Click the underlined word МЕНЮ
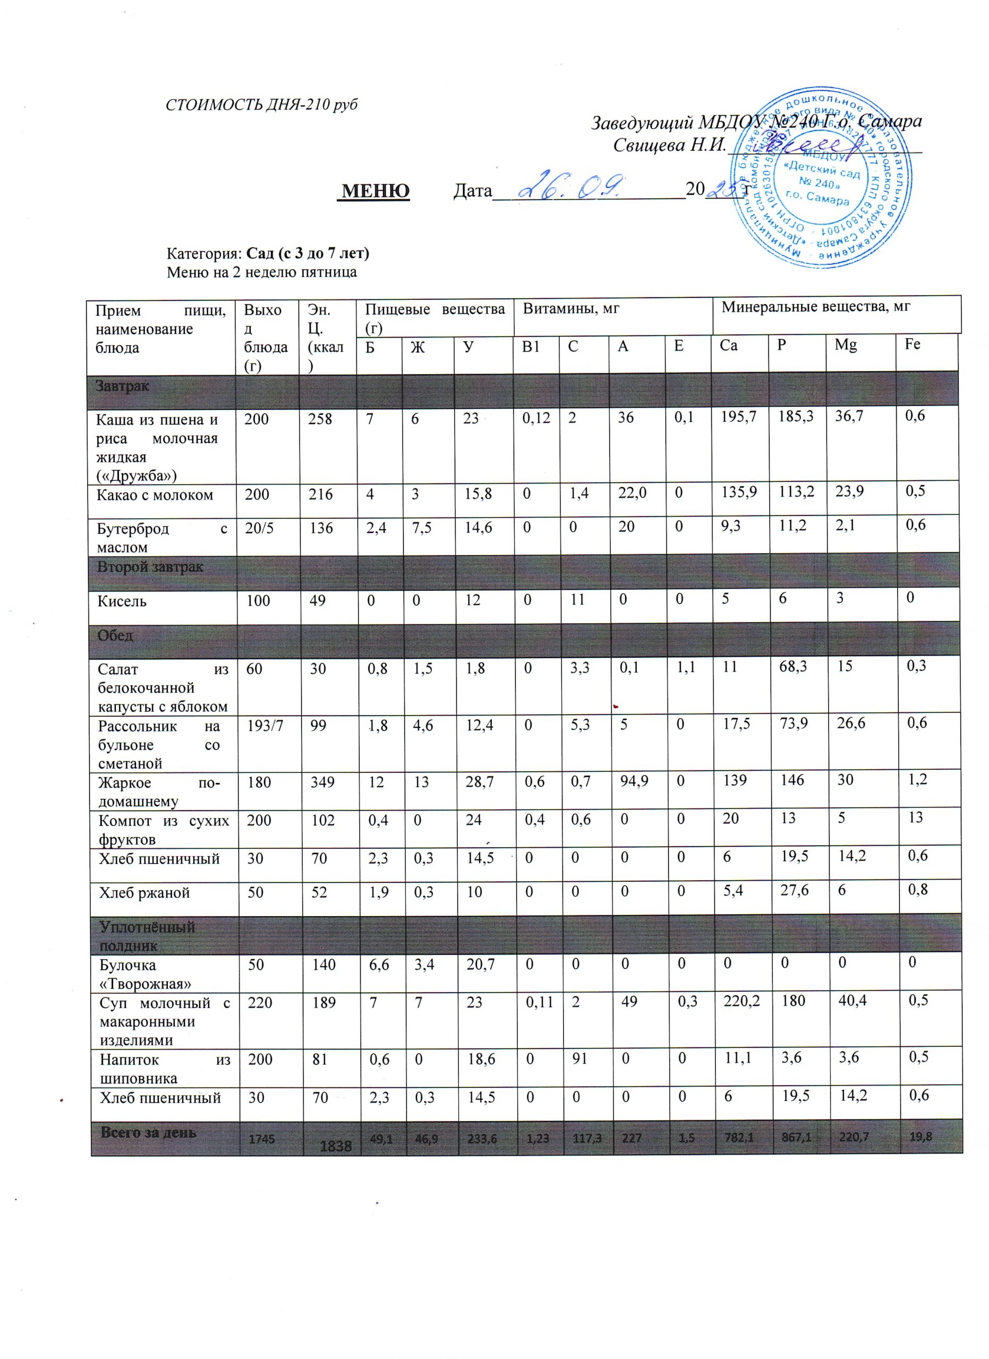[374, 191]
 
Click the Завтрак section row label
[123, 386]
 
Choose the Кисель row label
[122, 600]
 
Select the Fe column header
[913, 345]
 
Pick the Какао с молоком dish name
[155, 495]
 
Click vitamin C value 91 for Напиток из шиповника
[579, 1058]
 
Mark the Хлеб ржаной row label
[144, 892]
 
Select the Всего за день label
[148, 1132]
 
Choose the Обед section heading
[116, 635]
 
